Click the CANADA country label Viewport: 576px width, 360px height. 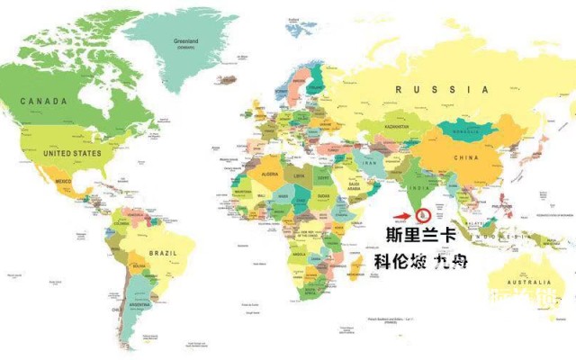[x=43, y=102]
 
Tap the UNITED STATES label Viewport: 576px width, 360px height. [x=73, y=153]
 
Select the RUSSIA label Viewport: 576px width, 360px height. [x=442, y=89]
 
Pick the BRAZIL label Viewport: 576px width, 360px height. [x=164, y=255]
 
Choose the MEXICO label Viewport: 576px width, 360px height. [x=63, y=182]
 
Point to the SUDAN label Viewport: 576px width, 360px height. [x=323, y=195]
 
